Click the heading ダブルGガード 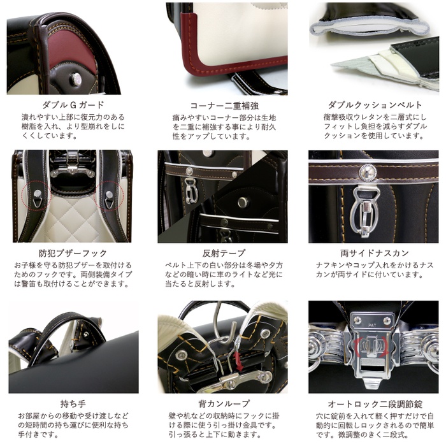coord(73,105)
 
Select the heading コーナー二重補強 coord(224,106)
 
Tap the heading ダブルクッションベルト coord(375,105)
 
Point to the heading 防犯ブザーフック coord(73,253)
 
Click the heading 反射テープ coord(224,253)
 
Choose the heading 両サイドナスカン coord(375,253)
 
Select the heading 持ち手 coord(73,403)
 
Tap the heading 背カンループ coord(224,403)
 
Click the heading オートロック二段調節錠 coord(375,403)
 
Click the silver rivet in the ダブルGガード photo coord(76,78)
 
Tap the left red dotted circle coord(36,196)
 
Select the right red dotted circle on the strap coord(110,196)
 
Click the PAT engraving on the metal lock coord(372,325)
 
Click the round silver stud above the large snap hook coord(368,172)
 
